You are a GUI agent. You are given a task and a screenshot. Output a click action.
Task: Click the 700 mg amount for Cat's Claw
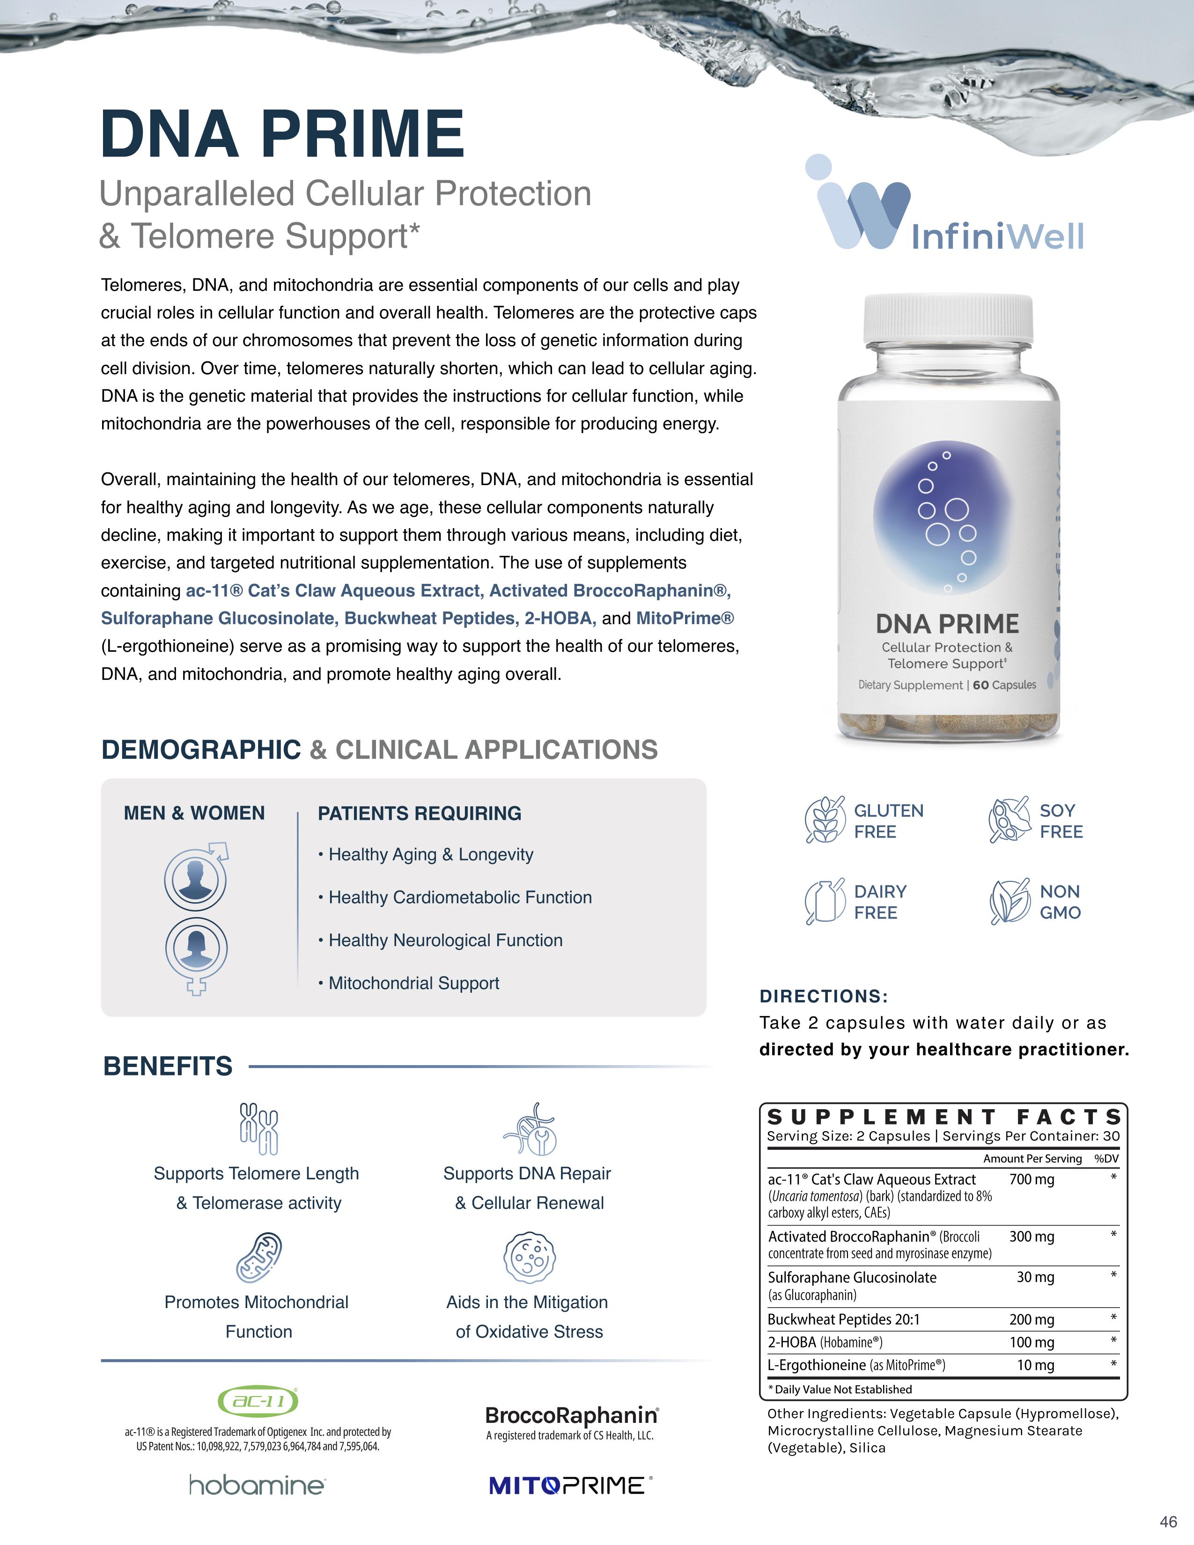pos(1032,1179)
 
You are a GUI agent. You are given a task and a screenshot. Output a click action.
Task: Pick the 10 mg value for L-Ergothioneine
pos(1035,1365)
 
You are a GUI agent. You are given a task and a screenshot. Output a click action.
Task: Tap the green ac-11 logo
pos(258,1401)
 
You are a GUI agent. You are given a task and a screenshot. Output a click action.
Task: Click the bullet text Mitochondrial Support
pos(414,983)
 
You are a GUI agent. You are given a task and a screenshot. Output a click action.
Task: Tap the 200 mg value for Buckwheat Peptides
pos(1032,1319)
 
